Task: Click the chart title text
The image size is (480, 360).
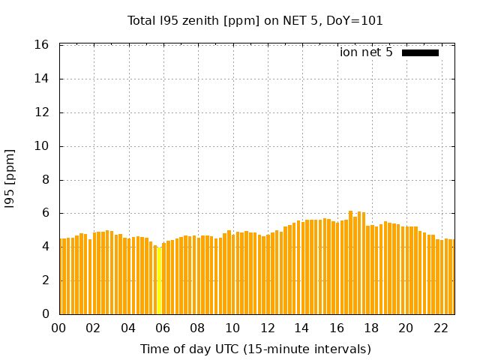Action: point(255,21)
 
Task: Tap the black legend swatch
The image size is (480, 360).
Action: point(420,52)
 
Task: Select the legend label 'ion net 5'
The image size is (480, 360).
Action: point(366,52)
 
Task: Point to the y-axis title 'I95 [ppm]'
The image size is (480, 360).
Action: point(10,179)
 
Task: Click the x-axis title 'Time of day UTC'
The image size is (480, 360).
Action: point(255,349)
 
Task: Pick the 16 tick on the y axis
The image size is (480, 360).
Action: point(43,45)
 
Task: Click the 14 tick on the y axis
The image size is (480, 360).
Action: point(43,79)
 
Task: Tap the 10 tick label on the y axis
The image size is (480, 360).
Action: point(43,146)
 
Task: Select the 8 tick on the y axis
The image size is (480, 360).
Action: point(46,180)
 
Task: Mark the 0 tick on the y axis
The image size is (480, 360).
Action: point(46,314)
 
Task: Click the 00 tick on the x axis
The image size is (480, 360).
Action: point(59,328)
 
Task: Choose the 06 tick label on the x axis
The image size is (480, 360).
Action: point(163,328)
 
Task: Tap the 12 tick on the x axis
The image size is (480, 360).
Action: point(267,328)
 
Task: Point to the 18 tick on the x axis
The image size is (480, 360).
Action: point(371,328)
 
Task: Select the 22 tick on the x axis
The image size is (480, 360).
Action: point(440,328)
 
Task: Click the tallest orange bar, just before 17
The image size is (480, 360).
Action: point(350,262)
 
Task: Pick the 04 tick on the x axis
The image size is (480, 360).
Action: point(129,328)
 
